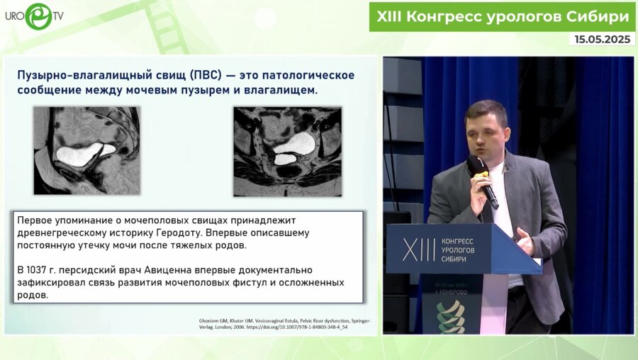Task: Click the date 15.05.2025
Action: pos(602,39)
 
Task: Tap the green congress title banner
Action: pos(502,16)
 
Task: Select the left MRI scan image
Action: pos(86,150)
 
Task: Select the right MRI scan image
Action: pos(287,151)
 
